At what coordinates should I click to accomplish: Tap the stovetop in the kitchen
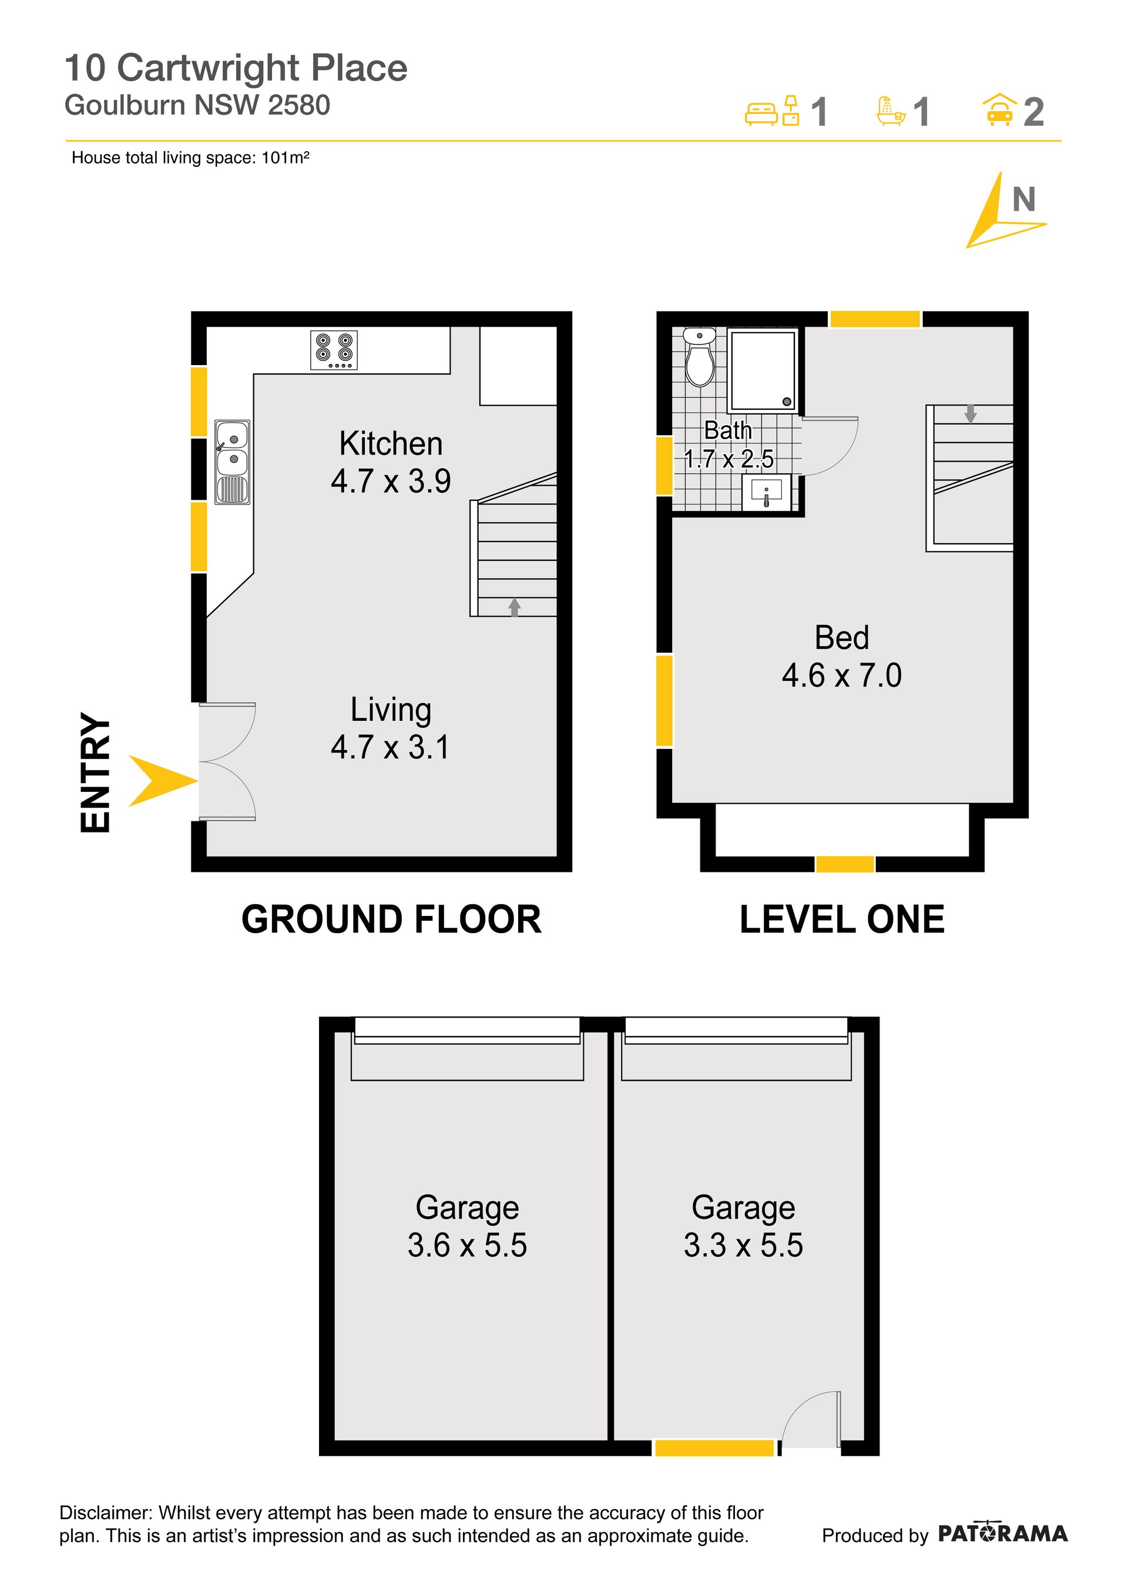(x=333, y=350)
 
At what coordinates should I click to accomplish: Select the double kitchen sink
(x=232, y=462)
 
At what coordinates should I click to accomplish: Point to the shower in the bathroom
(x=763, y=371)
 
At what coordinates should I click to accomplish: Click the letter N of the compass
(x=1024, y=200)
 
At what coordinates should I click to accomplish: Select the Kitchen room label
(x=391, y=443)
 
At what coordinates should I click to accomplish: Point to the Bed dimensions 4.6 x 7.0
(x=842, y=676)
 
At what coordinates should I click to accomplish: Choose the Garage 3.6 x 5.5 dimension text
(x=468, y=1245)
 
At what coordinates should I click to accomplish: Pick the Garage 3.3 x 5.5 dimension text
(x=743, y=1245)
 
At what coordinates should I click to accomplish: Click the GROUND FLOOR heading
(x=391, y=919)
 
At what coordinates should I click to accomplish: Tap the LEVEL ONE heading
(x=842, y=919)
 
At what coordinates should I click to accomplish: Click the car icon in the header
(x=999, y=110)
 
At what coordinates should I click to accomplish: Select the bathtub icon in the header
(x=891, y=111)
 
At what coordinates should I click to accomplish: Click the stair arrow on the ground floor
(x=514, y=607)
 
